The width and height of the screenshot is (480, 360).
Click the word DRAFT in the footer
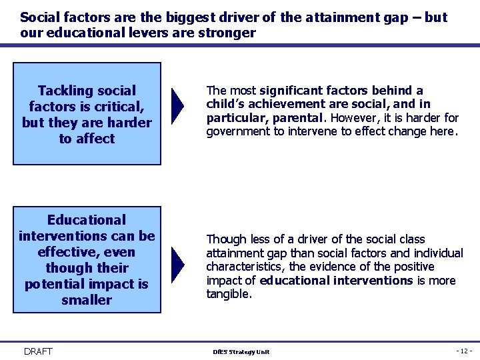tap(38, 351)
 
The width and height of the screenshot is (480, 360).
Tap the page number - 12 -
tap(464, 351)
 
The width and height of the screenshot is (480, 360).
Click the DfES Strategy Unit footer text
tap(241, 352)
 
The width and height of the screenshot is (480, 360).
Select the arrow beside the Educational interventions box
tap(177, 265)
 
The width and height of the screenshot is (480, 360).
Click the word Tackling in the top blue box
tap(65, 91)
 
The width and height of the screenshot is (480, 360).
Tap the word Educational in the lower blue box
tap(87, 220)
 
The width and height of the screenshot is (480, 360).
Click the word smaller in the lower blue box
tap(87, 300)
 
